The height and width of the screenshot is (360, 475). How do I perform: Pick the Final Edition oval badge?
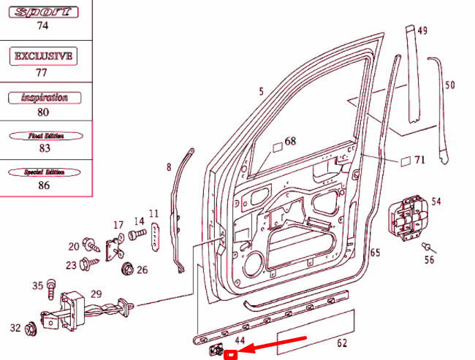(x=45, y=136)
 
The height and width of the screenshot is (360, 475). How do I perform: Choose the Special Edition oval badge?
(x=45, y=172)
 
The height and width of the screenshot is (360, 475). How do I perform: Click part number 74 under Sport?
(x=42, y=26)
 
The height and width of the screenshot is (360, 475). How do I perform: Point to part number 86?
(x=45, y=185)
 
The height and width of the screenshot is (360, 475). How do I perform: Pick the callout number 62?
(x=341, y=342)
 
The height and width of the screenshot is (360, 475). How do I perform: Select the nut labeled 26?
(x=127, y=268)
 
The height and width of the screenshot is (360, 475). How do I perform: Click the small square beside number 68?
(x=278, y=147)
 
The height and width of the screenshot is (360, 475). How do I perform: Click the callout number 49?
(x=422, y=31)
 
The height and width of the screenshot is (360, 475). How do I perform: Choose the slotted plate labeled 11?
(x=155, y=237)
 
